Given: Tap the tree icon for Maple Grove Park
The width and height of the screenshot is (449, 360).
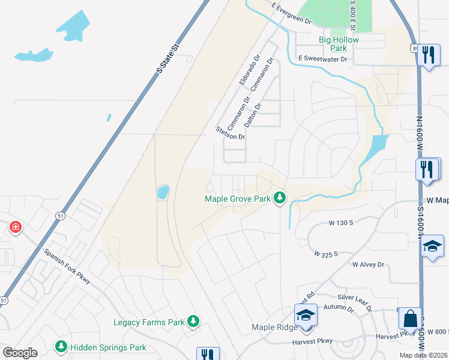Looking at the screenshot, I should [279, 197].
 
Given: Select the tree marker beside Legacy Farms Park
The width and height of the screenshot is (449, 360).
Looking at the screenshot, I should [193, 322].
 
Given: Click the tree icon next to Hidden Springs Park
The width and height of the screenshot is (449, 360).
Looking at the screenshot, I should [61, 347].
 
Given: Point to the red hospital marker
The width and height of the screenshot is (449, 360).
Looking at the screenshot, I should [16, 227].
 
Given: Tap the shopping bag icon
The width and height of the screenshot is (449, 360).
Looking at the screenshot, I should [411, 319].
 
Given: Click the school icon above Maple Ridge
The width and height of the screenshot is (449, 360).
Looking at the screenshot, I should [306, 314].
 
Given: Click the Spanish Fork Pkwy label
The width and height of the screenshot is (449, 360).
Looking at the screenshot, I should [67, 265].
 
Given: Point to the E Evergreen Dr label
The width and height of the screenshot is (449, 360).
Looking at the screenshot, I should [292, 13].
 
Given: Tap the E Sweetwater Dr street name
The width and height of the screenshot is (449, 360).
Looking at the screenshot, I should [323, 59].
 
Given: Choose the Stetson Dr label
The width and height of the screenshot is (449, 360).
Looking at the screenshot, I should [231, 133].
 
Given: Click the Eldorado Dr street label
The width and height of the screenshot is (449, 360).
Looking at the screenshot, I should [249, 70].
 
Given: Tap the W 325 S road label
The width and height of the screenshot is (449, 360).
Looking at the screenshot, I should [326, 254].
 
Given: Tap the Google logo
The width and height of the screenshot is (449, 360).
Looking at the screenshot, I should [20, 353].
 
